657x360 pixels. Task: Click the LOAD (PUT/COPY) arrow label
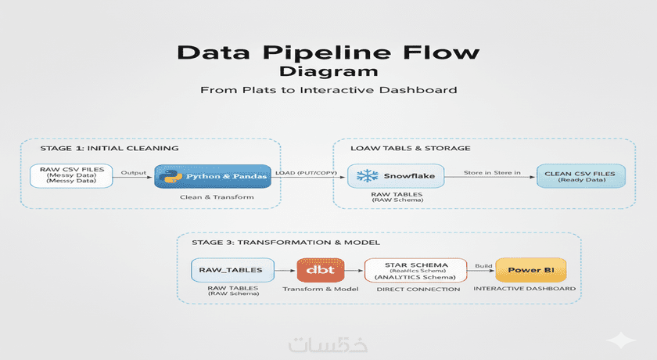point(306,172)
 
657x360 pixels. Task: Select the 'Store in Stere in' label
point(491,171)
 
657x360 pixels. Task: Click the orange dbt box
point(318,270)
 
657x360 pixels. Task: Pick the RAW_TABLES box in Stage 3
point(232,270)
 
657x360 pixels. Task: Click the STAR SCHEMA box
point(415,270)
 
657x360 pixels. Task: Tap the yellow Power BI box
point(530,270)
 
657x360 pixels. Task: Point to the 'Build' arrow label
point(483,266)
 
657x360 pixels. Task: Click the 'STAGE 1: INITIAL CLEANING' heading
point(109,148)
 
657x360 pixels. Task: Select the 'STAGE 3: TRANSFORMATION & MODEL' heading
point(279,242)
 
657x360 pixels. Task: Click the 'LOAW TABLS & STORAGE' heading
point(411,148)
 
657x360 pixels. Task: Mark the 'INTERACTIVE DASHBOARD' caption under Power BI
point(525,289)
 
